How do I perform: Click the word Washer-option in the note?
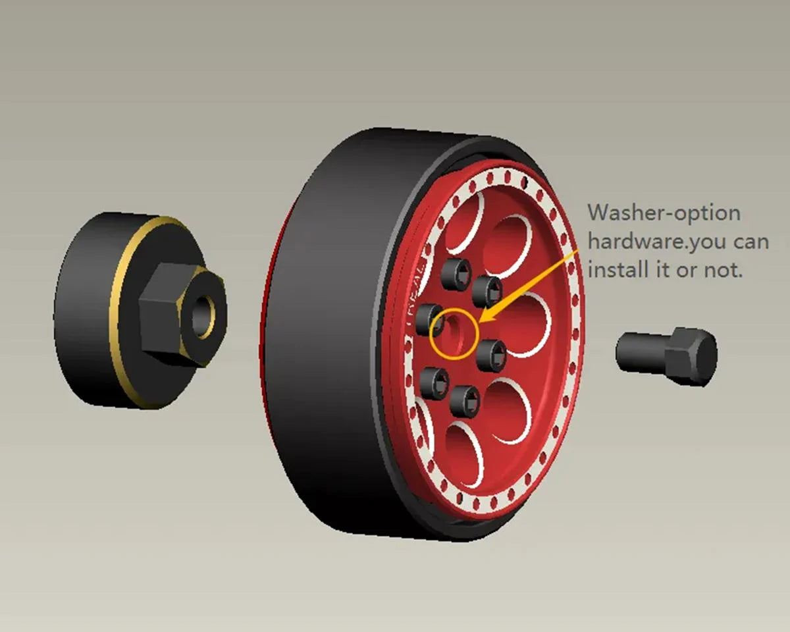tap(664, 213)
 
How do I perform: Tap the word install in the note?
tap(616, 269)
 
